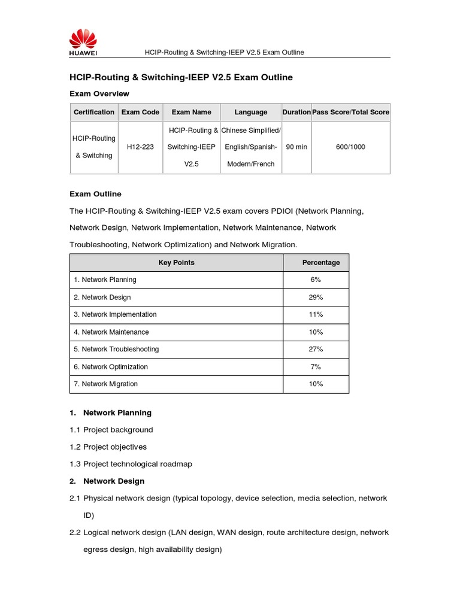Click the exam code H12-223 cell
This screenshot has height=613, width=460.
coord(140,147)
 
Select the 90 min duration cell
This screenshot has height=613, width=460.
coord(296,147)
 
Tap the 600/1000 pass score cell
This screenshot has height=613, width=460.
coord(350,147)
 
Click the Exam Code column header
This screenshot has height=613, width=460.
coord(140,112)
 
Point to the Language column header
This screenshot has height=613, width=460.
coord(251,112)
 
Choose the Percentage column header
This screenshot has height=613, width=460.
coord(320,262)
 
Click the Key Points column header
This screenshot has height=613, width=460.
coord(176,262)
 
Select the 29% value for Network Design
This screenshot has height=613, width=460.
coord(316,298)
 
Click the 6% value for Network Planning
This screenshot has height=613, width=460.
coord(316,280)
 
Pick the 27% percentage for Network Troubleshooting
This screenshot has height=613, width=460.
coord(316,349)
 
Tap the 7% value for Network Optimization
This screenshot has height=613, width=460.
coord(316,367)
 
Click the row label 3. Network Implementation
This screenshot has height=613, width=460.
coord(115,314)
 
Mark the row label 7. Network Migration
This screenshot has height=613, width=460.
coord(105,384)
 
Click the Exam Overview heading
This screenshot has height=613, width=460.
coord(99,94)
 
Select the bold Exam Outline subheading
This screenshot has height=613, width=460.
coord(95,194)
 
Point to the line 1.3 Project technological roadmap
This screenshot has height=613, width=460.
coord(131,464)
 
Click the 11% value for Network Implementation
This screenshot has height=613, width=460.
coord(316,314)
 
